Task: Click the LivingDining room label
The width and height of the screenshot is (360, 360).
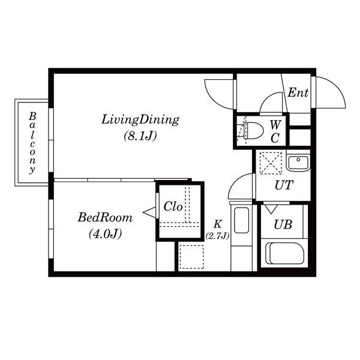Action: click(140, 120)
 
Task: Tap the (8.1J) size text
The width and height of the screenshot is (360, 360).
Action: click(140, 136)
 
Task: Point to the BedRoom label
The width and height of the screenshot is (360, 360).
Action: click(105, 217)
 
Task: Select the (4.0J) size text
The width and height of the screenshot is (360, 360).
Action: click(105, 234)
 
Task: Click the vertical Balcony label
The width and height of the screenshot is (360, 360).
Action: click(32, 143)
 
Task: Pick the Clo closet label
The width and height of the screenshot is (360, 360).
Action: click(173, 206)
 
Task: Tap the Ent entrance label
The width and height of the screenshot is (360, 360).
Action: click(298, 92)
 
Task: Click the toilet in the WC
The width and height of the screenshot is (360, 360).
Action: click(252, 131)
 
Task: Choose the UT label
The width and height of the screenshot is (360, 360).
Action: click(284, 185)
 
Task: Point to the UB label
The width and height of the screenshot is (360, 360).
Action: click(283, 224)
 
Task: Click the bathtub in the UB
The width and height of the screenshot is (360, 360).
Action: click(284, 253)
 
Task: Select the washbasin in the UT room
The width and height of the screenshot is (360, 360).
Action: click(298, 163)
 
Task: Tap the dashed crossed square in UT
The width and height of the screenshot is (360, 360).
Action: click(271, 163)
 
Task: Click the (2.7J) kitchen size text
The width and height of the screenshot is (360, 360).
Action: click(217, 236)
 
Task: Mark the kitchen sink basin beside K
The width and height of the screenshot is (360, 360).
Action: click(241, 220)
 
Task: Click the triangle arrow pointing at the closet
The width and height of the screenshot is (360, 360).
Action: click(149, 212)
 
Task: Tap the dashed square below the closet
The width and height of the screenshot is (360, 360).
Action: click(192, 257)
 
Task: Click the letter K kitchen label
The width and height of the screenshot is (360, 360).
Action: click(217, 224)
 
